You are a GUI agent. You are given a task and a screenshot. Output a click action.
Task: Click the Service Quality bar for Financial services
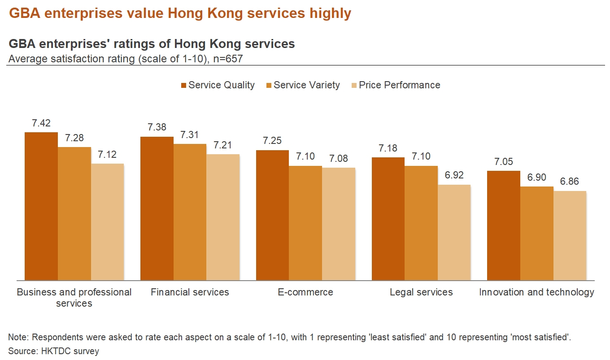157,208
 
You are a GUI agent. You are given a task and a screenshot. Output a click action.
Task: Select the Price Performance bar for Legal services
454,232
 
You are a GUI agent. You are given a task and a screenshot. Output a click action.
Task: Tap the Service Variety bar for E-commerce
305,223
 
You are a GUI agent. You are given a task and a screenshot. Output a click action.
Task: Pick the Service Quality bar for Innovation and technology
504,226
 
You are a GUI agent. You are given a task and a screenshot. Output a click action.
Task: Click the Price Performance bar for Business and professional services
107,222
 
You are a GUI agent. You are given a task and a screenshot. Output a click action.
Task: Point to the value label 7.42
41,123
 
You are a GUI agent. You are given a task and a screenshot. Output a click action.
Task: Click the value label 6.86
570,182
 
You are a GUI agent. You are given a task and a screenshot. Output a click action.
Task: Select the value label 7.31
190,135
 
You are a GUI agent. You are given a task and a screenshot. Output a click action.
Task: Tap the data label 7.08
339,159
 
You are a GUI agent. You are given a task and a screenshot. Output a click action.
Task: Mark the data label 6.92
454,175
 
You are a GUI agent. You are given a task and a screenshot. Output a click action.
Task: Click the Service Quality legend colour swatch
183,85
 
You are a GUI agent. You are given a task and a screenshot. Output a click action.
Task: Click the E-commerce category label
305,292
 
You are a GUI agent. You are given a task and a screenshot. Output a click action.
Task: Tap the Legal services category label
421,292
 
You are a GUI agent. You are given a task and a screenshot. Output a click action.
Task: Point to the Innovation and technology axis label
536,292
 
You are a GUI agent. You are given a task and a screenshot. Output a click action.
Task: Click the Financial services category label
190,292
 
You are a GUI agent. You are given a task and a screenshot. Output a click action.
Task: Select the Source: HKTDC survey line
53,351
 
